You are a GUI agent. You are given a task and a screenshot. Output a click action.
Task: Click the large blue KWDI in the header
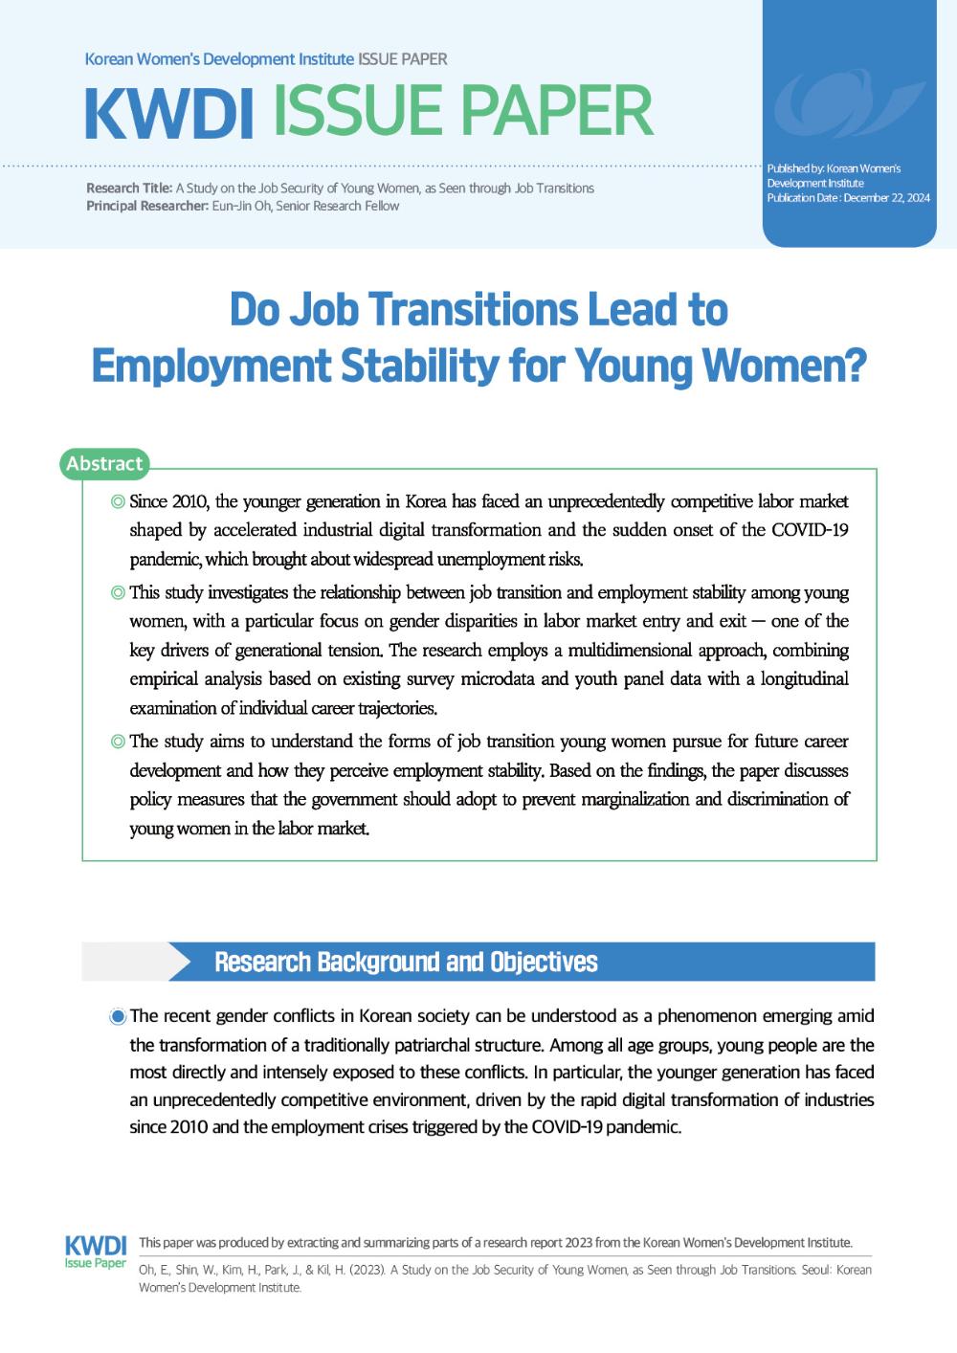pyautogui.click(x=168, y=112)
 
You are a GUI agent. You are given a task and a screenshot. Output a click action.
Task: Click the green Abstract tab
pyautogui.click(x=104, y=464)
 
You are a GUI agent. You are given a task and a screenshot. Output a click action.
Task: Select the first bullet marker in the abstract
pyautogui.click(x=118, y=501)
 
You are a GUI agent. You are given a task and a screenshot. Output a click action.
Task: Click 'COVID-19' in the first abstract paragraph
pyautogui.click(x=810, y=530)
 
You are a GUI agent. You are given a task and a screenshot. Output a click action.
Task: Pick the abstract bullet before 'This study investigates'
pyautogui.click(x=118, y=593)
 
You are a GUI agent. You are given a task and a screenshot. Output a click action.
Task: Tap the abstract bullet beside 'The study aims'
pyautogui.click(x=118, y=742)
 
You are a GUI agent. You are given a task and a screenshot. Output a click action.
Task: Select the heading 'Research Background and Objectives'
pyautogui.click(x=406, y=962)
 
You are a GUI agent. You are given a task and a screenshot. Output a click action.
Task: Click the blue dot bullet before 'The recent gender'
pyautogui.click(x=118, y=1016)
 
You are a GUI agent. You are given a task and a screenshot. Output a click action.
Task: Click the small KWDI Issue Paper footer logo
pyautogui.click(x=95, y=1252)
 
